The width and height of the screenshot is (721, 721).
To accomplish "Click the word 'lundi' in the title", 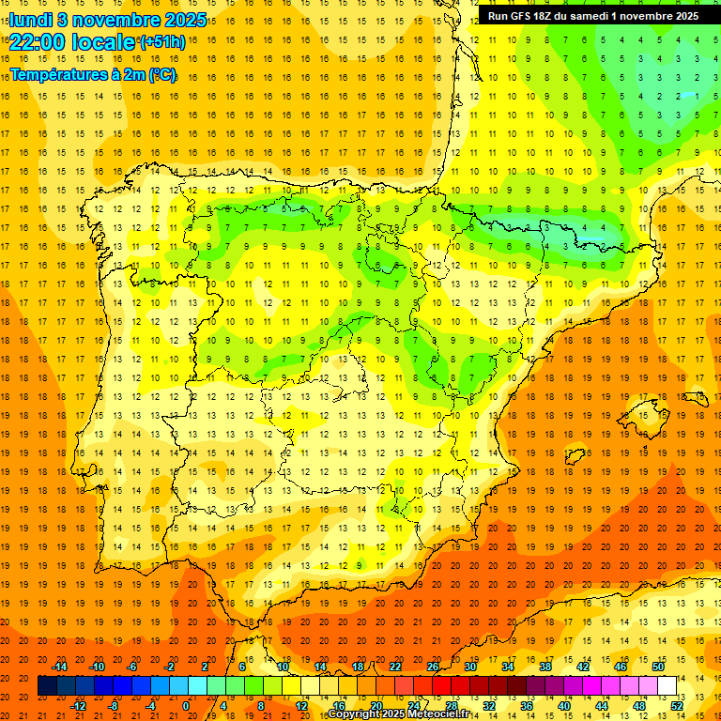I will coord(31,20).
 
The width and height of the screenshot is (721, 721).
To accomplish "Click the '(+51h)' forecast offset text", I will coord(162,42).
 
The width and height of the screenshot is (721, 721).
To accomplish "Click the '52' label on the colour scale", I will coord(677,705).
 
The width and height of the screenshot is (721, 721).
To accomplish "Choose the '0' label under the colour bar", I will coord(188,705).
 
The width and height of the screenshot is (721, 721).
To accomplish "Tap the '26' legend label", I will coord(433,667).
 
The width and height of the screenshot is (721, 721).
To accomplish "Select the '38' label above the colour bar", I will coord(545,667).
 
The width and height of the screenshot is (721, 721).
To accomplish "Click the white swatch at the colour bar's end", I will coord(667,685).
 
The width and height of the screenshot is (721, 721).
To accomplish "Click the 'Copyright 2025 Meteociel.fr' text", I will coord(398,714).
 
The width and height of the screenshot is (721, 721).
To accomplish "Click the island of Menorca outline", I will coord(695,397).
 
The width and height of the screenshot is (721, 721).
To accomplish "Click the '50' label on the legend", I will coord(658,667).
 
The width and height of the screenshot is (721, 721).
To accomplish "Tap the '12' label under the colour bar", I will coord(300,705).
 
